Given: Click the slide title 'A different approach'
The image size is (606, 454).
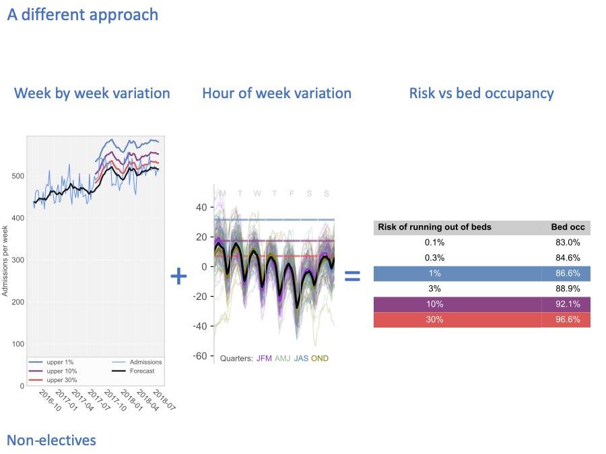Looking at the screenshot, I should tap(83, 14).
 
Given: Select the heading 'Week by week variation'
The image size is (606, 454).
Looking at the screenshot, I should tap(92, 93).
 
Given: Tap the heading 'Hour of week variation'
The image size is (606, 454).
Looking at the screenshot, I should tap(277, 93).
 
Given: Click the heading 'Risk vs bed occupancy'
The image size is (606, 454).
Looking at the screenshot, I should tap(481, 93).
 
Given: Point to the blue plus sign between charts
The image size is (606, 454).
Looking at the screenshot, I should tap(178, 276).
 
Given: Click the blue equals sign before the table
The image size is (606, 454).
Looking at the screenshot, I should tap(353, 276).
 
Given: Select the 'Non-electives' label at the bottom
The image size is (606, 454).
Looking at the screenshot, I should tap(51, 441).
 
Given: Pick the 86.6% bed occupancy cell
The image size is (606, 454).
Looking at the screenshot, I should tap(566, 274).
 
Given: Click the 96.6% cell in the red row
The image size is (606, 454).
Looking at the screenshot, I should tap(566, 320).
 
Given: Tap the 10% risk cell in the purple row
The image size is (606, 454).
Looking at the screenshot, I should tap(434, 305).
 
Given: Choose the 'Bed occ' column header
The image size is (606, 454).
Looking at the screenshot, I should tap(566, 227).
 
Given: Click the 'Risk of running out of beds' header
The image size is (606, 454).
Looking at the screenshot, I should tap(435, 227).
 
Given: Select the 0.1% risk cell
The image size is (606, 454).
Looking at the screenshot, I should tap(434, 243).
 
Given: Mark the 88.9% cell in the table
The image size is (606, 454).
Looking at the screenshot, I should tap(566, 289).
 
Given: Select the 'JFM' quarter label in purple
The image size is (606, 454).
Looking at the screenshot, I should tap(264, 358).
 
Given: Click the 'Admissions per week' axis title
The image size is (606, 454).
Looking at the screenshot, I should tap(5, 261).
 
